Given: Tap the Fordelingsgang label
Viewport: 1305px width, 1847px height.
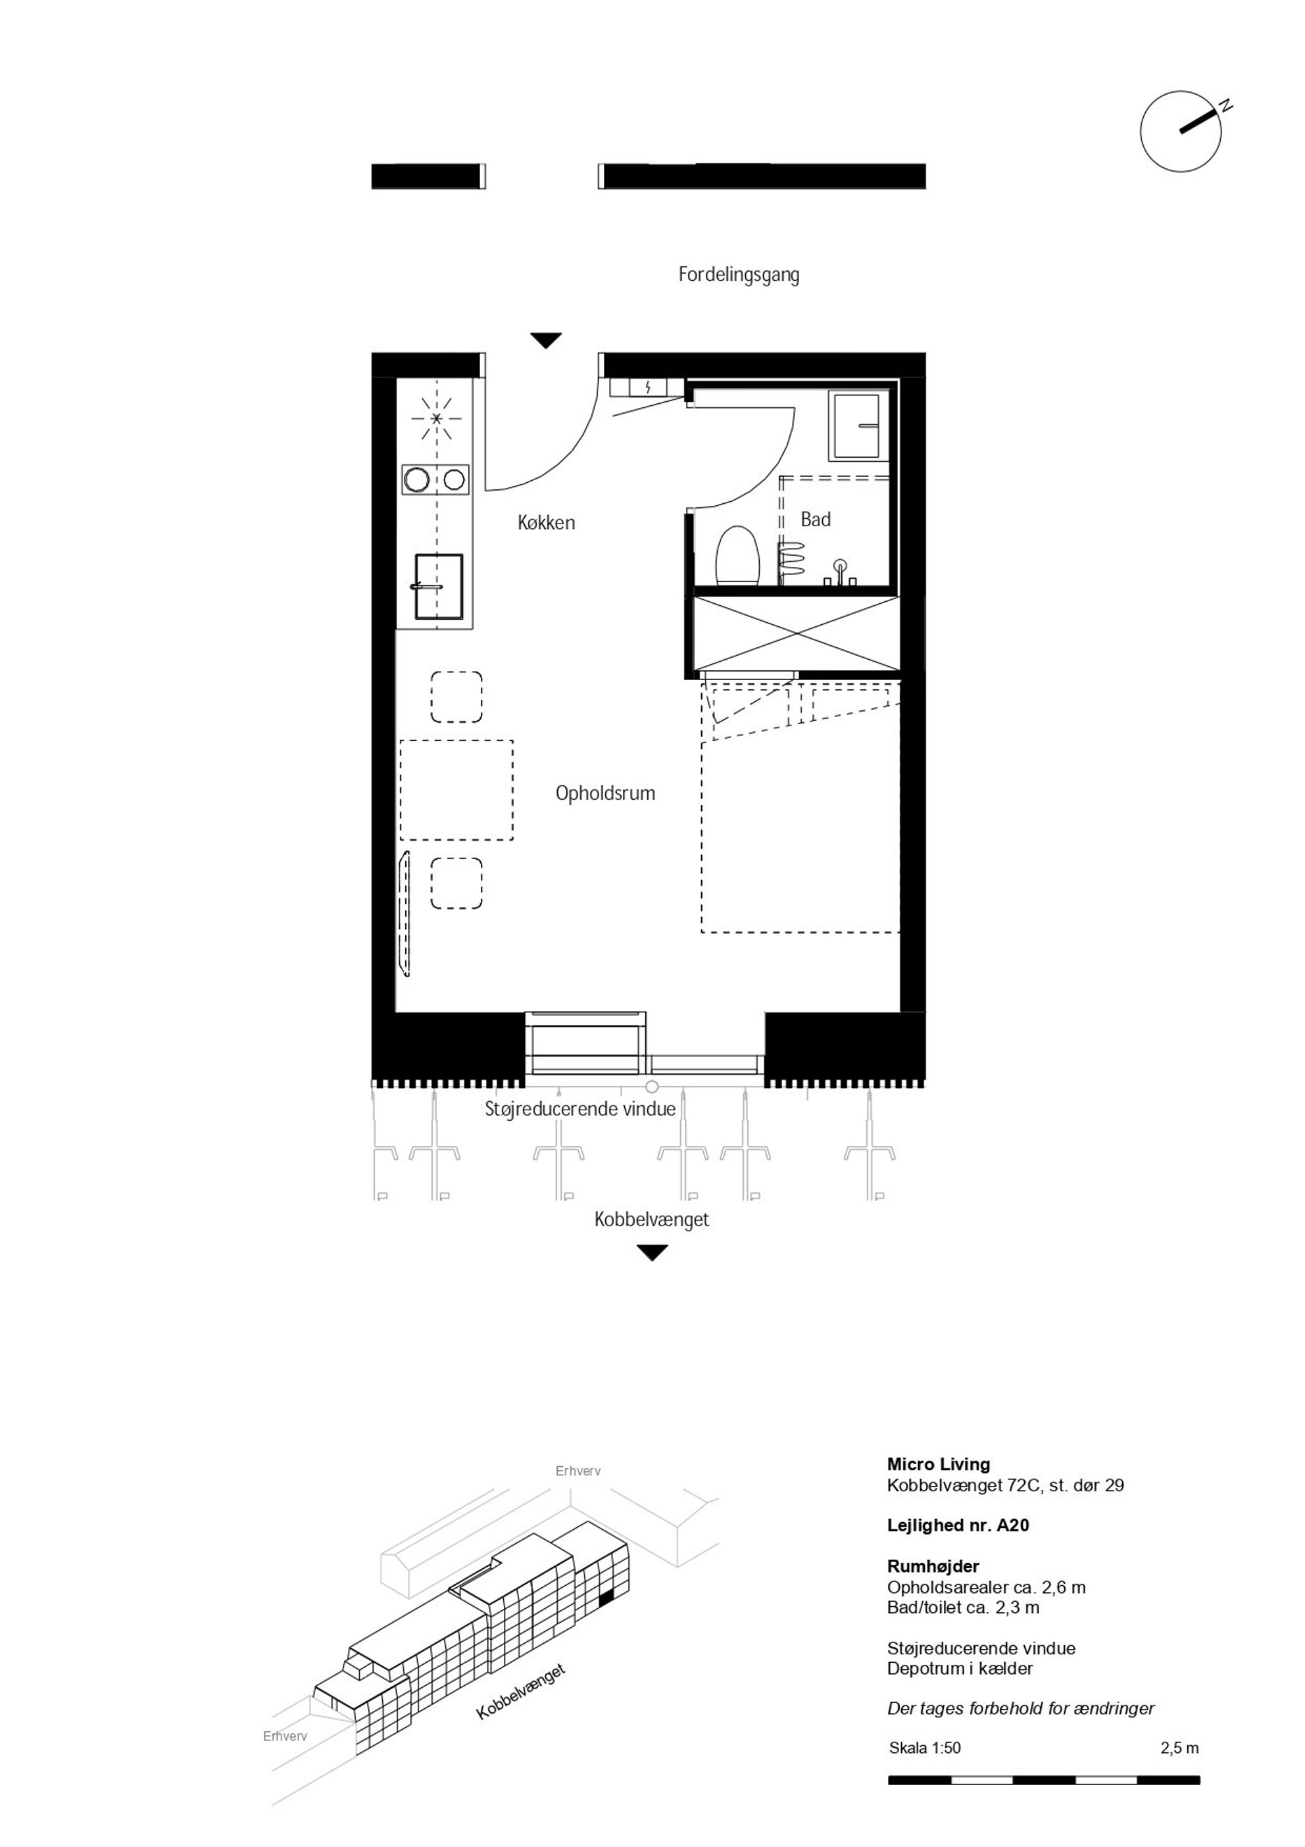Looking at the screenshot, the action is (x=739, y=275).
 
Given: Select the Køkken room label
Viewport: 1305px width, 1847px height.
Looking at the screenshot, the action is (x=547, y=523).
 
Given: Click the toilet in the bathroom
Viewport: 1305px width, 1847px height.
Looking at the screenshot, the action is (x=738, y=554).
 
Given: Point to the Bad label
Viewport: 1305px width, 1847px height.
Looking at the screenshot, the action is (x=815, y=520).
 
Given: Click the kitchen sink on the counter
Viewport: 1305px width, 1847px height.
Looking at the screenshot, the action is (x=439, y=587).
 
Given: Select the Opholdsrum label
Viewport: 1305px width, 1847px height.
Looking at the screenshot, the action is (x=605, y=793).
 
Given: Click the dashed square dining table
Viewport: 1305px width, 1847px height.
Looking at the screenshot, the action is (x=456, y=790).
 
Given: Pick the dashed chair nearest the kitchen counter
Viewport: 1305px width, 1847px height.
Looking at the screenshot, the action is (x=456, y=697).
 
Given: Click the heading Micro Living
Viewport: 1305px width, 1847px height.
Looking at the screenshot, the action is (x=938, y=1465).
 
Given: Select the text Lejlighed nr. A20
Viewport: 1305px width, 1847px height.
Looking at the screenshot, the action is (x=958, y=1525).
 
